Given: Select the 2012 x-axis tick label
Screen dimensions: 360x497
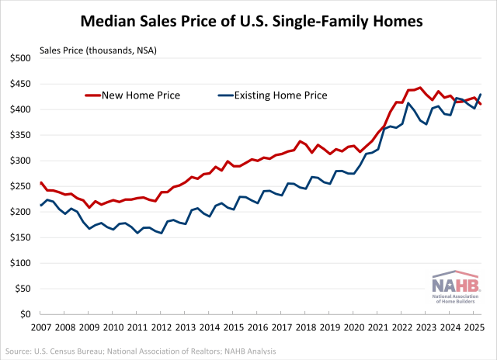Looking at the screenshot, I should pos(162,328).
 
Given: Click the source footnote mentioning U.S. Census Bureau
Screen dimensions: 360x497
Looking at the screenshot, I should pos(141,351).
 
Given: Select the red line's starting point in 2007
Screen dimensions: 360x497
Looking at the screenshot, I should pos(40,183).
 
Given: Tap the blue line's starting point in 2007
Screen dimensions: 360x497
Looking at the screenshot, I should pos(40,206).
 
